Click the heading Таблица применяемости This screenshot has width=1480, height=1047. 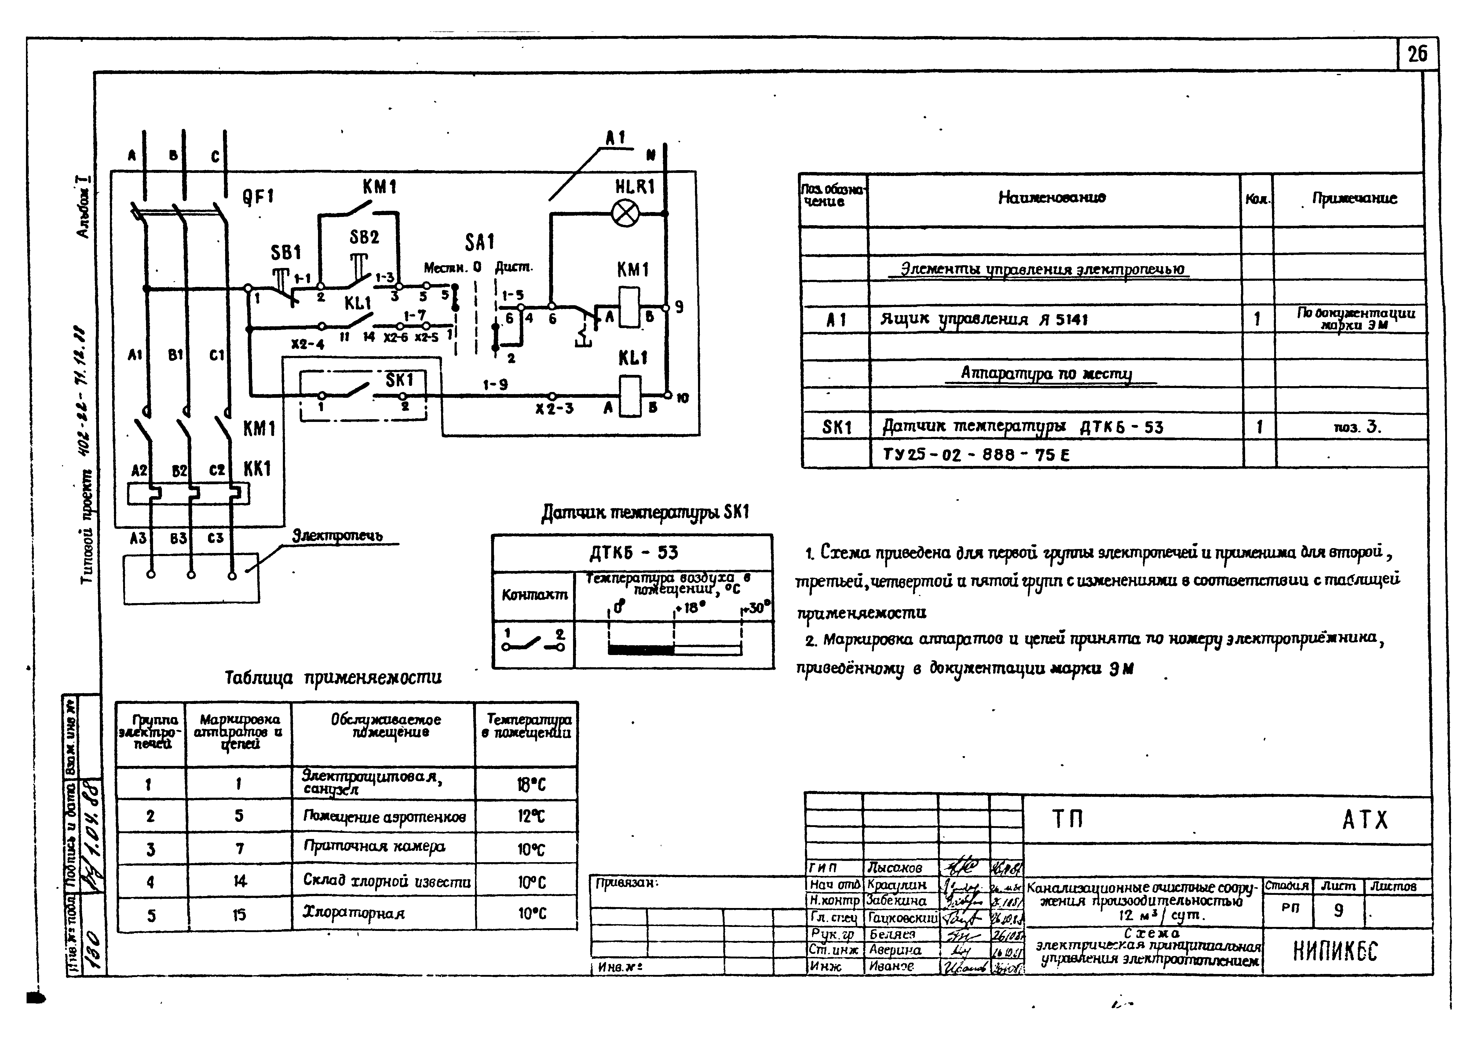(x=333, y=678)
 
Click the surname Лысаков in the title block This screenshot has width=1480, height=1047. (x=895, y=868)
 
